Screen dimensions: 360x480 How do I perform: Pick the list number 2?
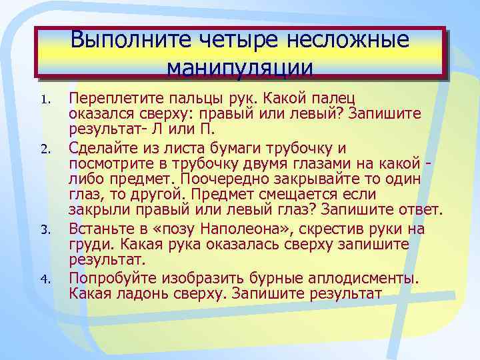point(44,148)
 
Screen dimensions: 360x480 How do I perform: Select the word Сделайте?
point(103,148)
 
